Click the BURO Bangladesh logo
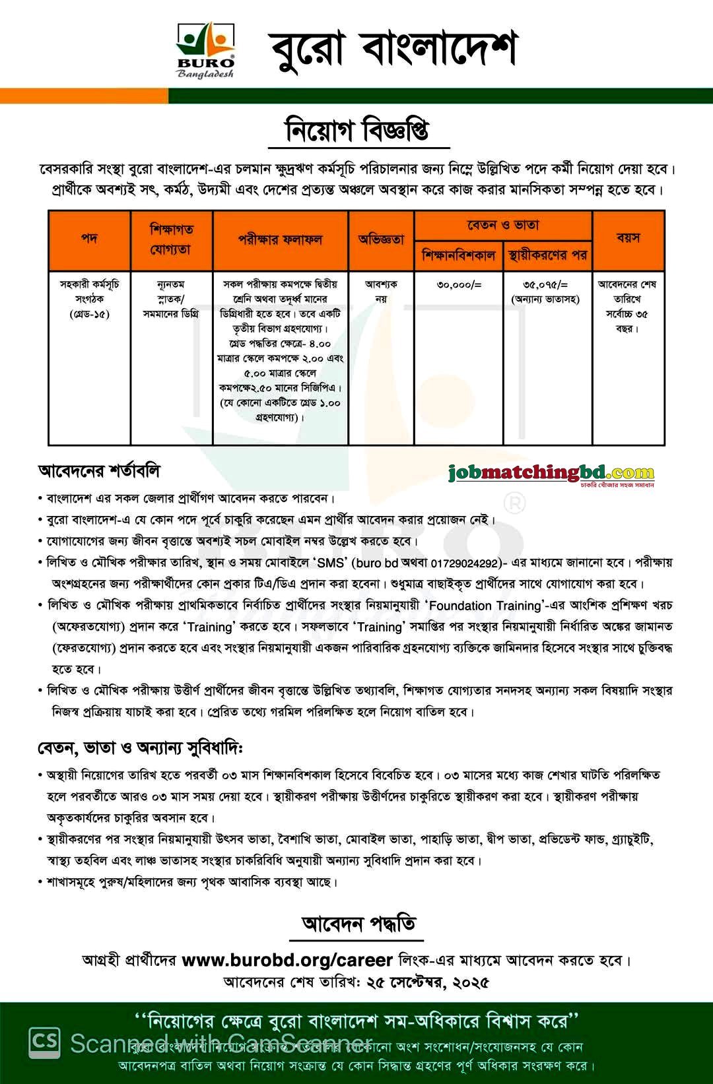coord(205,49)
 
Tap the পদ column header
coord(89,239)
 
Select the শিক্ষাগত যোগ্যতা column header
coord(171,239)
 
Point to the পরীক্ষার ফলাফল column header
coord(280,239)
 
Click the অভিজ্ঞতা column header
coord(381,239)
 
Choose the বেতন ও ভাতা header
coord(503,226)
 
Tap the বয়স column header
coord(628,238)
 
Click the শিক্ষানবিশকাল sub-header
coord(458,255)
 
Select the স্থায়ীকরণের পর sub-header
coord(547,255)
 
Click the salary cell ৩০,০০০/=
coord(459,285)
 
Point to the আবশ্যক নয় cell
coord(381,291)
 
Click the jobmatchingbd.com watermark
coord(551,473)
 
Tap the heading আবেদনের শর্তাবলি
coord(100,471)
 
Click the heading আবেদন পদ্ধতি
coord(358,924)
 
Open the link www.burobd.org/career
coord(287,960)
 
